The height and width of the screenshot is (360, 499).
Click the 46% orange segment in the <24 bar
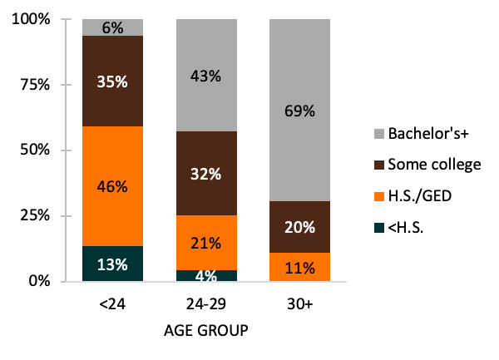point(112,185)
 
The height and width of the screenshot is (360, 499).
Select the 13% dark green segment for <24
point(112,264)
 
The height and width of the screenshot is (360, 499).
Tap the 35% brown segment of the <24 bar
point(112,81)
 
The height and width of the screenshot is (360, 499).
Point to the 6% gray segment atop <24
point(112,27)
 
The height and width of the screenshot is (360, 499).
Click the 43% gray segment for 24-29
point(205,76)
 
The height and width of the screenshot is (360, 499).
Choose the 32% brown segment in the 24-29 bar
point(205,174)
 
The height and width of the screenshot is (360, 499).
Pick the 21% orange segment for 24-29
point(205,243)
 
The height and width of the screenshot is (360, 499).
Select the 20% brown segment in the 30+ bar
point(299,227)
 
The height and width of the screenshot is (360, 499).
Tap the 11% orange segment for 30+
point(299,267)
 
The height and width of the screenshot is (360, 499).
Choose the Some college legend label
point(432,165)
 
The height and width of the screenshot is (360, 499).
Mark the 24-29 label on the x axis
point(205,305)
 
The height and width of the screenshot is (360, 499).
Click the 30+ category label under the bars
point(299,305)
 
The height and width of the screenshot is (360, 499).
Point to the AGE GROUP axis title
point(205,331)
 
